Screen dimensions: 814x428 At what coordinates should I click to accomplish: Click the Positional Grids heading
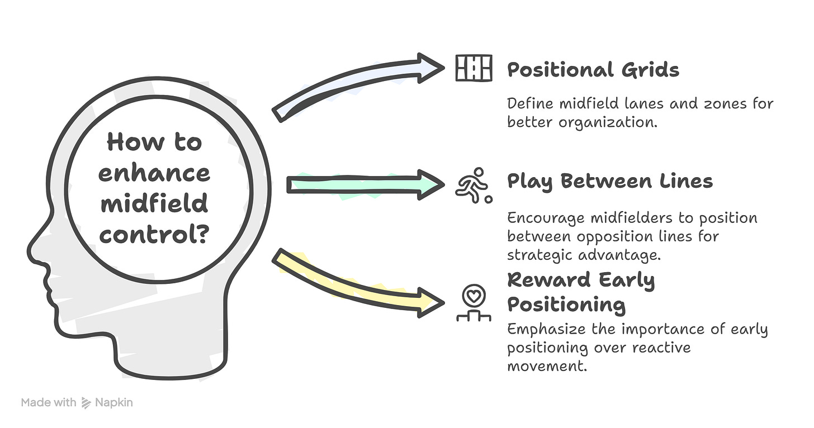tap(593, 70)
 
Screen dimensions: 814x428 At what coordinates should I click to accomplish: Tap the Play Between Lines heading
tap(609, 182)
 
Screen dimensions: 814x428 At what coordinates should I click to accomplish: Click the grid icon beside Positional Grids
tap(474, 68)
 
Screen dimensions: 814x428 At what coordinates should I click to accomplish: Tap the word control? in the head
tap(154, 234)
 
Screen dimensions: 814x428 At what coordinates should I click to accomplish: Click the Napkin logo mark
tap(86, 403)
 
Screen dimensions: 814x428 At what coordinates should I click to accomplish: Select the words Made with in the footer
tap(49, 403)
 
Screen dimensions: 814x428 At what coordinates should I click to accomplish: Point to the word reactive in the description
tap(661, 348)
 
